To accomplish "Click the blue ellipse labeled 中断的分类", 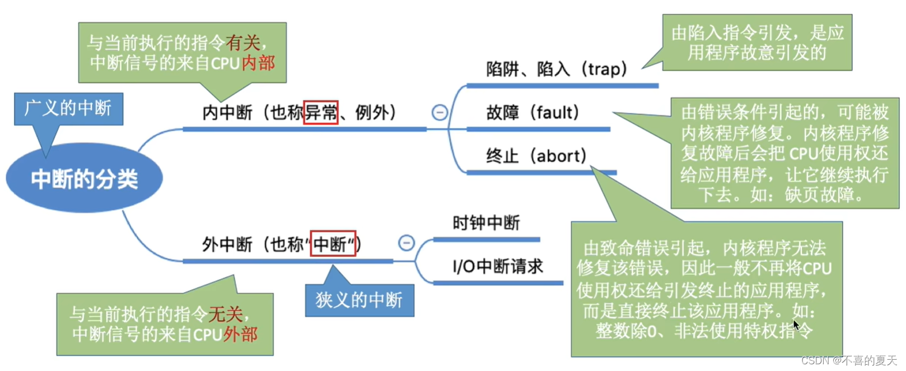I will click(x=84, y=179).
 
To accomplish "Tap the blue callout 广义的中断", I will click(x=68, y=108).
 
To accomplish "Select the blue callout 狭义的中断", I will click(x=359, y=300).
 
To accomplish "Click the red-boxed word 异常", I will click(x=321, y=113).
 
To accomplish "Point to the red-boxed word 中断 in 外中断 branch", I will click(x=333, y=244).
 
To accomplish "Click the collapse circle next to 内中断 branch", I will click(x=440, y=113).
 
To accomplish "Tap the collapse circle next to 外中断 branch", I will click(x=407, y=243).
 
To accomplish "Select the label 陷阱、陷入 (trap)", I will click(x=556, y=69).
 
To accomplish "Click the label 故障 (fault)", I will click(x=533, y=113).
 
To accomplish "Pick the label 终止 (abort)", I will click(x=536, y=156).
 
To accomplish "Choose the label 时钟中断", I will click(x=486, y=223).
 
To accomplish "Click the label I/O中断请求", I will click(x=498, y=266).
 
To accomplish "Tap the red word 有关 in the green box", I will click(x=243, y=43).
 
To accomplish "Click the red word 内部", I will click(x=258, y=63).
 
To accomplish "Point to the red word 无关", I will click(x=225, y=314).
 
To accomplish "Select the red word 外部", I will click(x=240, y=335).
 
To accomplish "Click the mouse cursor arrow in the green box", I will click(x=796, y=325).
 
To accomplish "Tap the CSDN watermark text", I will click(x=849, y=360).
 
